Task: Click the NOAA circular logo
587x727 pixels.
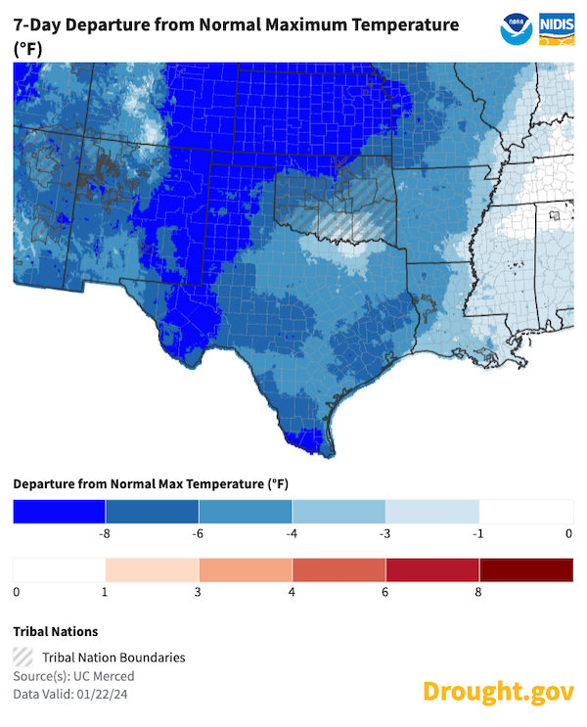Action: pyautogui.click(x=516, y=28)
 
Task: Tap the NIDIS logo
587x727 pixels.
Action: pyautogui.click(x=556, y=28)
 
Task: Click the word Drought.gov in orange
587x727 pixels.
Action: pyautogui.click(x=498, y=691)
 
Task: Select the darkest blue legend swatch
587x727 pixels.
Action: pyautogui.click(x=59, y=511)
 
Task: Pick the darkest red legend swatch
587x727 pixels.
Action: pyautogui.click(x=526, y=569)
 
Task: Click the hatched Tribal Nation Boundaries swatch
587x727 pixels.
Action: pyautogui.click(x=23, y=658)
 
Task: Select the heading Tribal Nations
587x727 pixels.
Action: pyautogui.click(x=56, y=631)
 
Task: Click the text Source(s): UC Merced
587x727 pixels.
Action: pyautogui.click(x=73, y=676)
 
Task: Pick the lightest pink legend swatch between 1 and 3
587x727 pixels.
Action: pyautogui.click(x=152, y=569)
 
